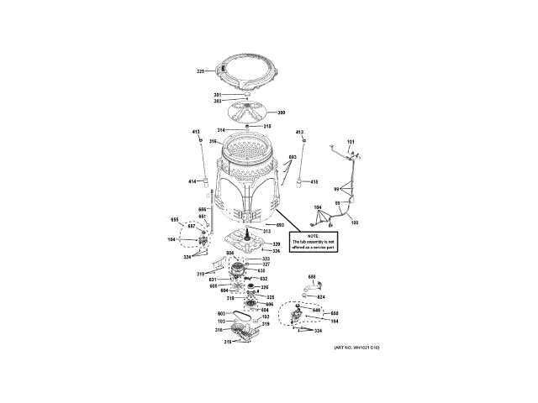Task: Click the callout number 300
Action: click(282, 113)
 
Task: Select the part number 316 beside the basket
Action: click(214, 141)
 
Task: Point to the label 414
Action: click(192, 181)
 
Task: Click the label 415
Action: click(314, 182)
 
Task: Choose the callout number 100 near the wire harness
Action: click(354, 222)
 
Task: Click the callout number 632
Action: click(263, 279)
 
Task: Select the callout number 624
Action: click(319, 296)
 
